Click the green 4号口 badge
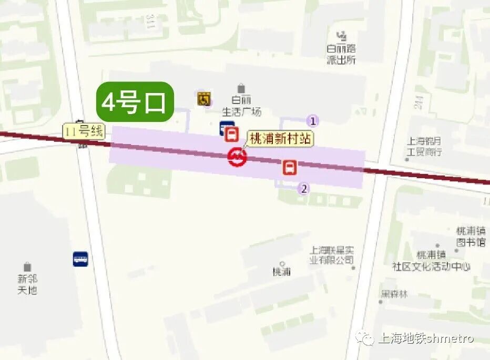[x=135, y=102]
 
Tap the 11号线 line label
[x=84, y=131]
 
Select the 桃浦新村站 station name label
[x=281, y=139]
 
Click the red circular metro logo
[x=237, y=156]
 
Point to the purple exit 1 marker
[x=313, y=121]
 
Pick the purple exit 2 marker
[x=303, y=189]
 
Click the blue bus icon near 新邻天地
[x=80, y=259]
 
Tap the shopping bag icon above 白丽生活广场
[x=241, y=88]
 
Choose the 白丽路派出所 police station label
[x=341, y=55]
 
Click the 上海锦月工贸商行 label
[x=425, y=147]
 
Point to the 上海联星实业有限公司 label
[x=332, y=255]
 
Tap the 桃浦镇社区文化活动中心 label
[x=431, y=261]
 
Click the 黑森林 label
[x=394, y=294]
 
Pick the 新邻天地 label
[x=27, y=284]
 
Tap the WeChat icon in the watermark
[x=364, y=338]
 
